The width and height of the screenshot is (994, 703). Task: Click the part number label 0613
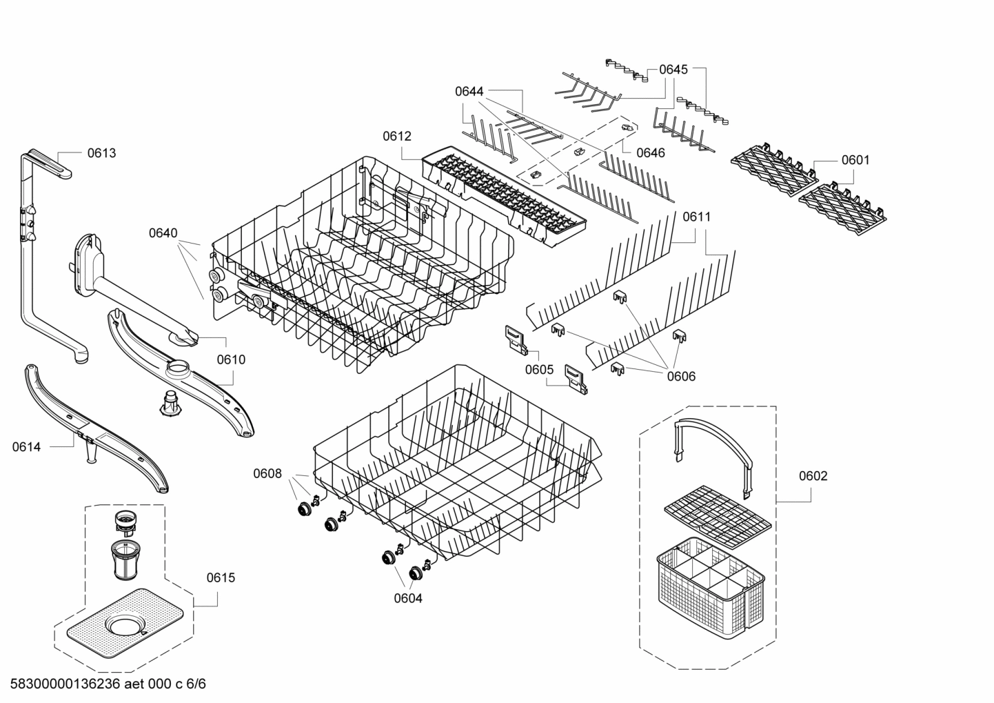click(x=101, y=153)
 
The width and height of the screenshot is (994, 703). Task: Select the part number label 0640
click(x=163, y=233)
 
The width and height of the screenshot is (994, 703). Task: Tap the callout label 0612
click(x=397, y=136)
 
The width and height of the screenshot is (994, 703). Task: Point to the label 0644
click(x=469, y=91)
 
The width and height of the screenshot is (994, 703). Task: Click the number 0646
click(x=651, y=152)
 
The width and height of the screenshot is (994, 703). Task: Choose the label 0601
click(x=855, y=160)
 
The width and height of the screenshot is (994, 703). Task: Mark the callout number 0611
click(x=696, y=217)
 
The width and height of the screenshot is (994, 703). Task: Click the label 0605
click(x=539, y=370)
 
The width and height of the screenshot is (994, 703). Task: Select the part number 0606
click(x=681, y=376)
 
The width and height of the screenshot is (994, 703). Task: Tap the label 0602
click(x=813, y=476)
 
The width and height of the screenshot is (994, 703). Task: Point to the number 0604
click(x=408, y=598)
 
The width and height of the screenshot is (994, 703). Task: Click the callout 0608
click(x=267, y=473)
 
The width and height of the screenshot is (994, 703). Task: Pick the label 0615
click(x=221, y=577)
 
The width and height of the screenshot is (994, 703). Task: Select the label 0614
click(x=26, y=447)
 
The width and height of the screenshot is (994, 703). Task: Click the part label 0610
click(x=231, y=359)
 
